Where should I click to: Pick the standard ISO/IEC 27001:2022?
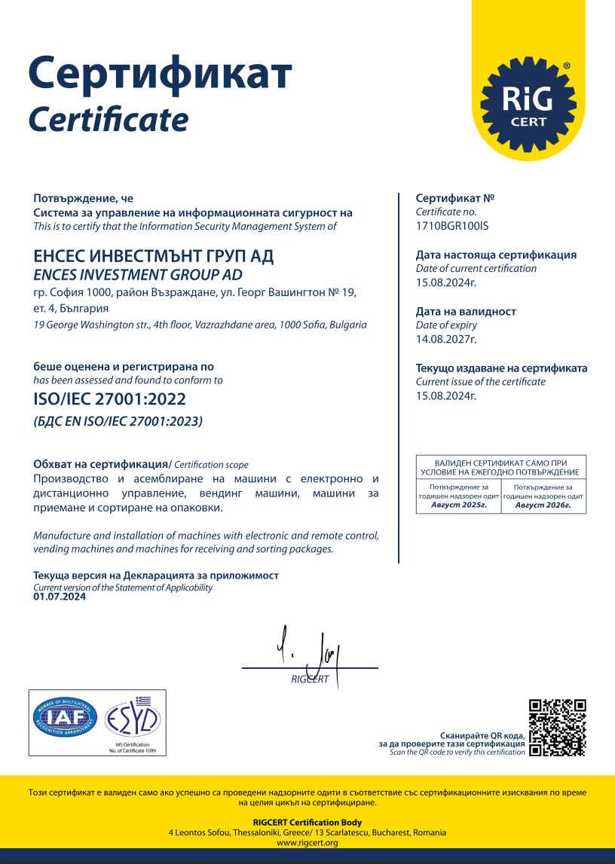tap(110, 399)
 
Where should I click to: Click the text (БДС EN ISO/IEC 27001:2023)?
tap(118, 422)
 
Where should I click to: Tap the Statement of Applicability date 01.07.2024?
tap(60, 597)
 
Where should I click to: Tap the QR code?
tap(558, 728)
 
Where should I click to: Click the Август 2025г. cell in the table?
tap(459, 505)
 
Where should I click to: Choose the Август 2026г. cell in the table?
tap(543, 505)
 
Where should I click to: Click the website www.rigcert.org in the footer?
tap(307, 843)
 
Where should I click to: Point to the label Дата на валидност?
tap(466, 311)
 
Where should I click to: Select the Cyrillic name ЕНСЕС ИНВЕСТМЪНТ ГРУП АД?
tap(155, 256)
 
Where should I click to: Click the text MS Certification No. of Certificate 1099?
tap(132, 747)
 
